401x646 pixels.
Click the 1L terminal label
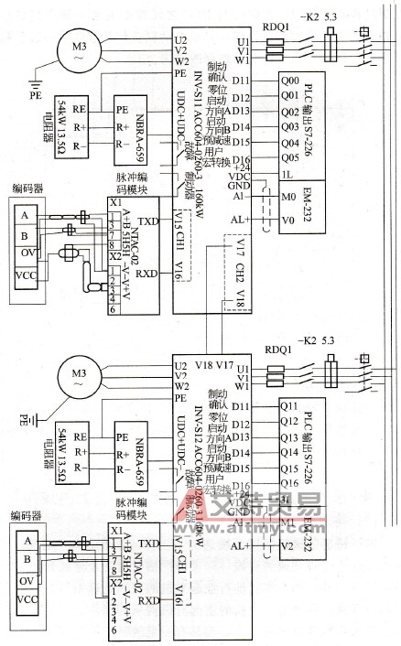pyautogui.click(x=287, y=174)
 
